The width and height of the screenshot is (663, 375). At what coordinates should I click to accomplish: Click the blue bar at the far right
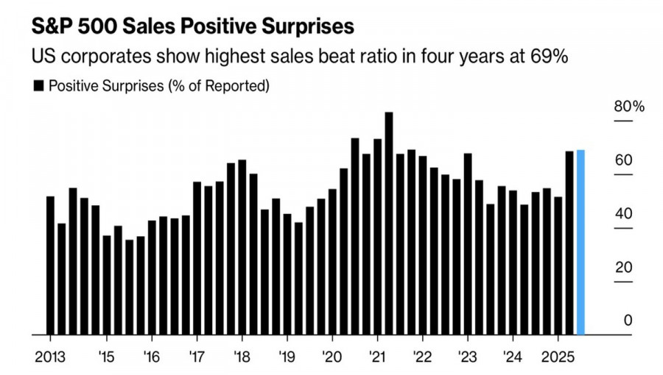pos(580,243)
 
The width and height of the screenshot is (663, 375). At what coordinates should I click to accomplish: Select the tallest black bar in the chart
pos(389,224)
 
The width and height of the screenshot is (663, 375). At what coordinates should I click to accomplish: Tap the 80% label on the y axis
pos(629,107)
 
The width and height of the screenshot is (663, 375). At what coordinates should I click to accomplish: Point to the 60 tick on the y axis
pos(623,160)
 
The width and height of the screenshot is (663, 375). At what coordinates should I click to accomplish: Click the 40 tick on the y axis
pos(623,213)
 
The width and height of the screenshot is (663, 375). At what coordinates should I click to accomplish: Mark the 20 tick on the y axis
pos(623,267)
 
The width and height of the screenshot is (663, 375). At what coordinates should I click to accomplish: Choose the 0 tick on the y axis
pos(628,321)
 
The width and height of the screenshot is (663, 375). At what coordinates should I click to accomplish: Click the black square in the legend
pos(38,87)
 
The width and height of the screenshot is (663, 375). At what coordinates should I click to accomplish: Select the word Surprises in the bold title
pos(303,27)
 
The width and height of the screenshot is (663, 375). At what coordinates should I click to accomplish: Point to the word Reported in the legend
pos(238,87)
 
